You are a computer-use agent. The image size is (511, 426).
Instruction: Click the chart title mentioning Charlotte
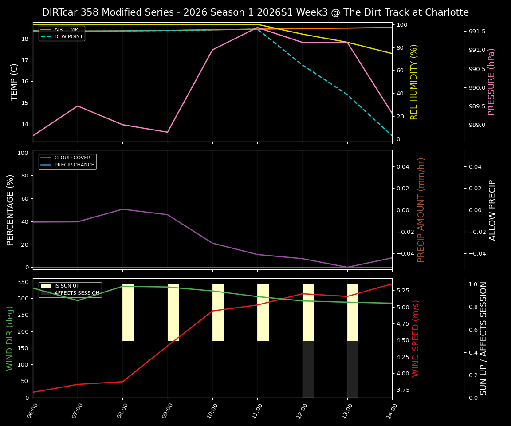pyautogui.click(x=255, y=12)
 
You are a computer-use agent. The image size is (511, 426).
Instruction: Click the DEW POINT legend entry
pyautogui.click(x=68, y=37)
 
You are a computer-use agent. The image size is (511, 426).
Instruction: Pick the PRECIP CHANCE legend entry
pyautogui.click(x=74, y=165)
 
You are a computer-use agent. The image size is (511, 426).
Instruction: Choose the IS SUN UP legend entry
pyautogui.click(x=67, y=286)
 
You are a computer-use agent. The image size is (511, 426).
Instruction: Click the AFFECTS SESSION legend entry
pyautogui.click(x=76, y=293)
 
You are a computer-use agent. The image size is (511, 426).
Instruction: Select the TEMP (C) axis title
pyautogui.click(x=15, y=82)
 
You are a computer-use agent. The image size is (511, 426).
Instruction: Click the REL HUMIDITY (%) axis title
pyautogui.click(x=414, y=82)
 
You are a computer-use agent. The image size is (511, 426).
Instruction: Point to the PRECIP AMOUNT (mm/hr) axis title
pyautogui.click(x=421, y=209)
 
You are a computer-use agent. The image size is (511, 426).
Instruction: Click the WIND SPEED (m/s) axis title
pyautogui.click(x=416, y=338)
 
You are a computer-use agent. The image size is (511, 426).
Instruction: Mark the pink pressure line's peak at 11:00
pyautogui.click(x=257, y=28)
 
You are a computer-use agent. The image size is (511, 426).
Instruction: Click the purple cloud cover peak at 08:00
pyautogui.click(x=123, y=209)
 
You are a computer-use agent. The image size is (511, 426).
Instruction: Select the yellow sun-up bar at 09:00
pyautogui.click(x=173, y=312)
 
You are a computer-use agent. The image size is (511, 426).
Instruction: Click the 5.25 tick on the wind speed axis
pyautogui.click(x=404, y=291)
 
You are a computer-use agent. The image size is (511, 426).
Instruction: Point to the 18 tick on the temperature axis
pyautogui.click(x=25, y=39)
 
